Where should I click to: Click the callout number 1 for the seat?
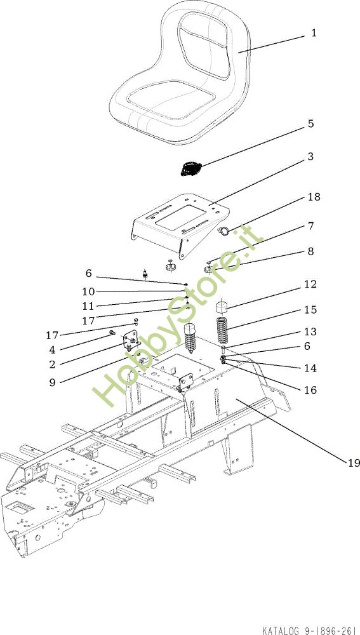314,33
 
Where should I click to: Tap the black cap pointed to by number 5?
189,168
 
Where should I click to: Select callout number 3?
310,156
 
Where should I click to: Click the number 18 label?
314,197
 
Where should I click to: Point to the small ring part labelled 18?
223,231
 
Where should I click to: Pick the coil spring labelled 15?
223,330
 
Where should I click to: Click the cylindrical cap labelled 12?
221,307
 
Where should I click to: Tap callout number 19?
354,462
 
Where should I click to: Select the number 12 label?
310,284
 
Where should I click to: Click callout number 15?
310,310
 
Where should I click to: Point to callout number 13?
310,331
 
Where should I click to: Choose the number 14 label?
310,368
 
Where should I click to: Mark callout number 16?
310,390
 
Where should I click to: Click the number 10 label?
88,291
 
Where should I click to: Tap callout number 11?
88,306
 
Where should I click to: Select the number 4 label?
52,349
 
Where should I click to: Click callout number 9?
52,383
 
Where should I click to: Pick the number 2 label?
52,364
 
